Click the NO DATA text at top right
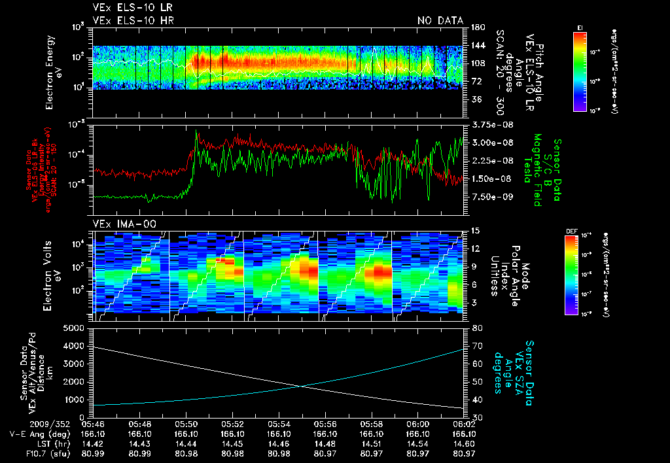(x=440, y=20)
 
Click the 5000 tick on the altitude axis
(x=77, y=328)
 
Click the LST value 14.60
(x=464, y=443)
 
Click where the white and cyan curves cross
(x=302, y=386)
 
